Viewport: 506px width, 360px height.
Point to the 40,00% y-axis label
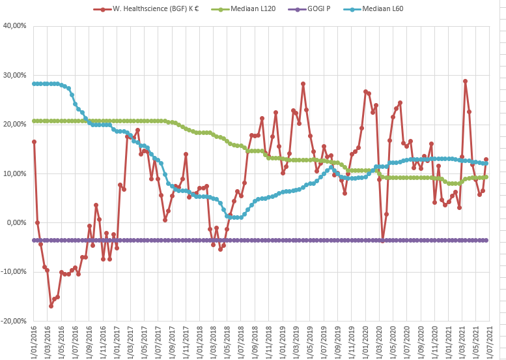[x=14, y=26]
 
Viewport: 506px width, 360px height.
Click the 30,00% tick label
[x=14, y=75]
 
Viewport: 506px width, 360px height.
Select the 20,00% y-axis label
[x=14, y=124]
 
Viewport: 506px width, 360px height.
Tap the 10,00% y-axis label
[x=14, y=173]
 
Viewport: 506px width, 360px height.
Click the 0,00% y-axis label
[x=16, y=222]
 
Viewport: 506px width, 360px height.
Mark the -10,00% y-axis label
[x=13, y=271]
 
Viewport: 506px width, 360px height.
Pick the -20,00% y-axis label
[x=13, y=321]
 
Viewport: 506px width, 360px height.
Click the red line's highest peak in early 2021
[x=465, y=81]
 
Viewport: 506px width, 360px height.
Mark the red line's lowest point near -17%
[x=51, y=306]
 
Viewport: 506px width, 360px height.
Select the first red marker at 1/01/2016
[x=34, y=142]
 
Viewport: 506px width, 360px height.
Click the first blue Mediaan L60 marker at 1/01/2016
[x=34, y=83]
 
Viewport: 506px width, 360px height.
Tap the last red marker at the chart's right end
[x=486, y=159]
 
